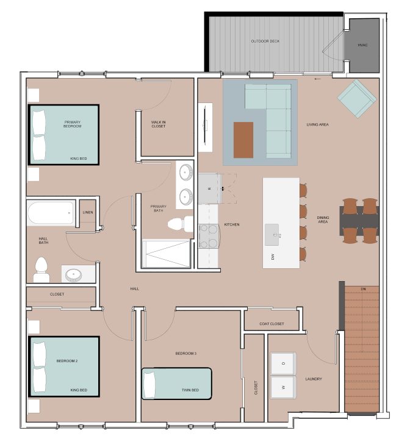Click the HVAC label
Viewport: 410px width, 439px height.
[362, 45]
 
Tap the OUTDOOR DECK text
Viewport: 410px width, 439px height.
[265, 41]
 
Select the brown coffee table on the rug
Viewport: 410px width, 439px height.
[243, 140]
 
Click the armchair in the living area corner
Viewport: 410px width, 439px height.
[357, 99]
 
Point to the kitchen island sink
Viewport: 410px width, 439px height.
[272, 234]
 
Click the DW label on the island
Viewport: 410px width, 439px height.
[273, 257]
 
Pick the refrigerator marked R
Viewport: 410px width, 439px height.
[208, 188]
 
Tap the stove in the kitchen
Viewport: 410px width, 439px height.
[209, 236]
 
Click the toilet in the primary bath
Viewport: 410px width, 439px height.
[180, 224]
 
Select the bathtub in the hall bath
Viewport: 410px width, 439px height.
[51, 213]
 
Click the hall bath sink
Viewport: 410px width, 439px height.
[74, 274]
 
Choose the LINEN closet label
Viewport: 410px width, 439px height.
[88, 212]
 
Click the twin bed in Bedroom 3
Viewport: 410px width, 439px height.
[176, 384]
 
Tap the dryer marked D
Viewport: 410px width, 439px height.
[283, 363]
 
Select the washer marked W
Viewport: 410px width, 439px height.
[283, 388]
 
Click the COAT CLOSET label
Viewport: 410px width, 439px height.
[272, 324]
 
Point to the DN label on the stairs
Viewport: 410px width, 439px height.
[363, 289]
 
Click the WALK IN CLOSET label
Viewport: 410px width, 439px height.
[159, 124]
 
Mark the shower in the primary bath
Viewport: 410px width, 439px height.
[167, 254]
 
